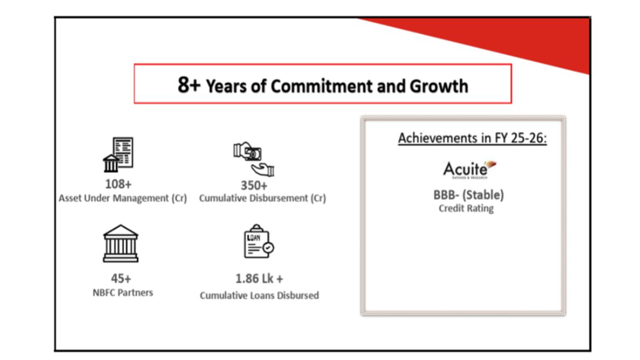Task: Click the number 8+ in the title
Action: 189,85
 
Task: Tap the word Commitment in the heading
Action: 322,86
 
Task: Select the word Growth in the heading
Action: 439,86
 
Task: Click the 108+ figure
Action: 118,185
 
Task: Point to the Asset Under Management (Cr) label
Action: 123,198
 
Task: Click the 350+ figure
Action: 254,186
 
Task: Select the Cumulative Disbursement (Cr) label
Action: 262,198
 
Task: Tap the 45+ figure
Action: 121,278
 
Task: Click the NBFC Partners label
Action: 123,293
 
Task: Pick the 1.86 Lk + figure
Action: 259,279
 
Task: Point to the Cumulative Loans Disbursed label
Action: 259,295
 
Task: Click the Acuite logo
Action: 469,170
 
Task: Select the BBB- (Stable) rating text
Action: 469,195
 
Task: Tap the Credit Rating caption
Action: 466,209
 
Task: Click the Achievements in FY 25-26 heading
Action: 473,138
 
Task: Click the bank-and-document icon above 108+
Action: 118,155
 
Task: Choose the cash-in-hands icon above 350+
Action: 254,159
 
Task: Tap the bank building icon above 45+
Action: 121,243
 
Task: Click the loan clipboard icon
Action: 259,241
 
